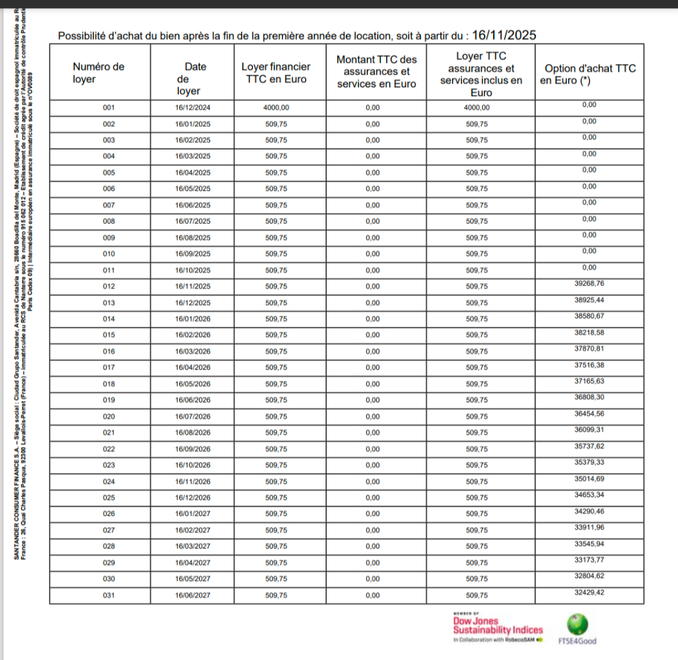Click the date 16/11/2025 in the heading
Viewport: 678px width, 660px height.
pyautogui.click(x=504, y=35)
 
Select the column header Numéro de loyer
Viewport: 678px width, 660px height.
pyautogui.click(x=99, y=73)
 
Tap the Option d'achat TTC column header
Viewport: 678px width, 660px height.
pyautogui.click(x=589, y=74)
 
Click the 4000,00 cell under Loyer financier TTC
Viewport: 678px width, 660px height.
pyautogui.click(x=276, y=108)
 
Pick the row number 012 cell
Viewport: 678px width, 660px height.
pyautogui.click(x=109, y=287)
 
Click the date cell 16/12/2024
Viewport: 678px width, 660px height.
pyautogui.click(x=193, y=108)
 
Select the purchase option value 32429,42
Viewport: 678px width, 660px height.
pyautogui.click(x=589, y=592)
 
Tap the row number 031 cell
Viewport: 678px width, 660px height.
pyautogui.click(x=109, y=595)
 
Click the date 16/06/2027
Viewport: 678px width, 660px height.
pyautogui.click(x=193, y=595)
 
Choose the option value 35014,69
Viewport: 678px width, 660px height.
pyautogui.click(x=589, y=479)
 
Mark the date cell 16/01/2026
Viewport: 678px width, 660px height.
pyautogui.click(x=193, y=319)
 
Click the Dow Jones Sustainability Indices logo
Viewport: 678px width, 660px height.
pyautogui.click(x=497, y=628)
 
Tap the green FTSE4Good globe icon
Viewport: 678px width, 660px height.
pyautogui.click(x=578, y=624)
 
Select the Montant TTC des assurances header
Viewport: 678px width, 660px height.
pyautogui.click(x=377, y=72)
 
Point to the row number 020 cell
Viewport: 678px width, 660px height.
pyautogui.click(x=109, y=417)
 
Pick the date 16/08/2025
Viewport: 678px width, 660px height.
pyautogui.click(x=193, y=238)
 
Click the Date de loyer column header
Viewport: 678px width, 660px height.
pyautogui.click(x=192, y=78)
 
